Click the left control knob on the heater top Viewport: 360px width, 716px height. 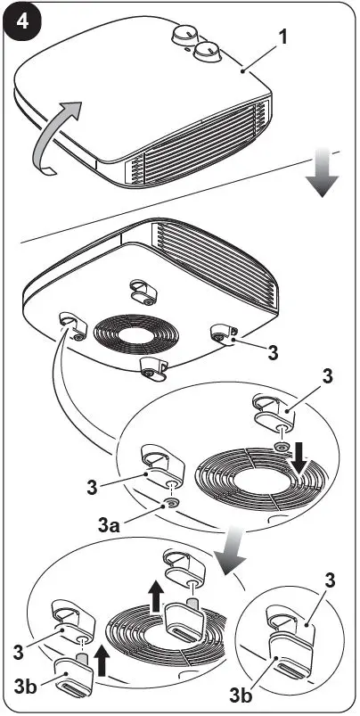184,35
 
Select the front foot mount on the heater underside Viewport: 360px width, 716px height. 153,366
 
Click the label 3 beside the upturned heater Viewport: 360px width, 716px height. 271,352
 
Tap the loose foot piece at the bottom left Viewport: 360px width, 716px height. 71,679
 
